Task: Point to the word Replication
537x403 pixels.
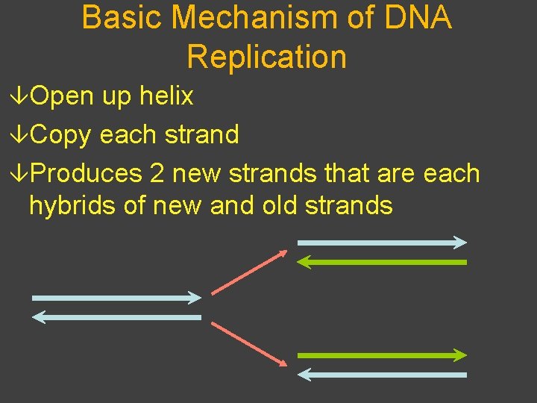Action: tap(266, 57)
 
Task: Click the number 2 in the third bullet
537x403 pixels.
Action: tap(157, 173)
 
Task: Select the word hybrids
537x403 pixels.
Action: tap(72, 204)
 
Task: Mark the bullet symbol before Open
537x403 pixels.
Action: tap(22, 96)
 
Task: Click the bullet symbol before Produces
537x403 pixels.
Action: tap(22, 174)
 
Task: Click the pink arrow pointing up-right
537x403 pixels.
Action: tap(249, 272)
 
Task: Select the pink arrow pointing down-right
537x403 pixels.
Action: tap(249, 344)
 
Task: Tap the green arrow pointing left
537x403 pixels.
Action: tap(382, 262)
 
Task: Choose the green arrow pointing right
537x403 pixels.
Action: tap(382, 355)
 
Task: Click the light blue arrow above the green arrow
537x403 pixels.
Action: tap(382, 242)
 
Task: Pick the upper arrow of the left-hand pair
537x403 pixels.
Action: tap(116, 298)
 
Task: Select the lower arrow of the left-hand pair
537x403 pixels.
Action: tap(116, 317)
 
